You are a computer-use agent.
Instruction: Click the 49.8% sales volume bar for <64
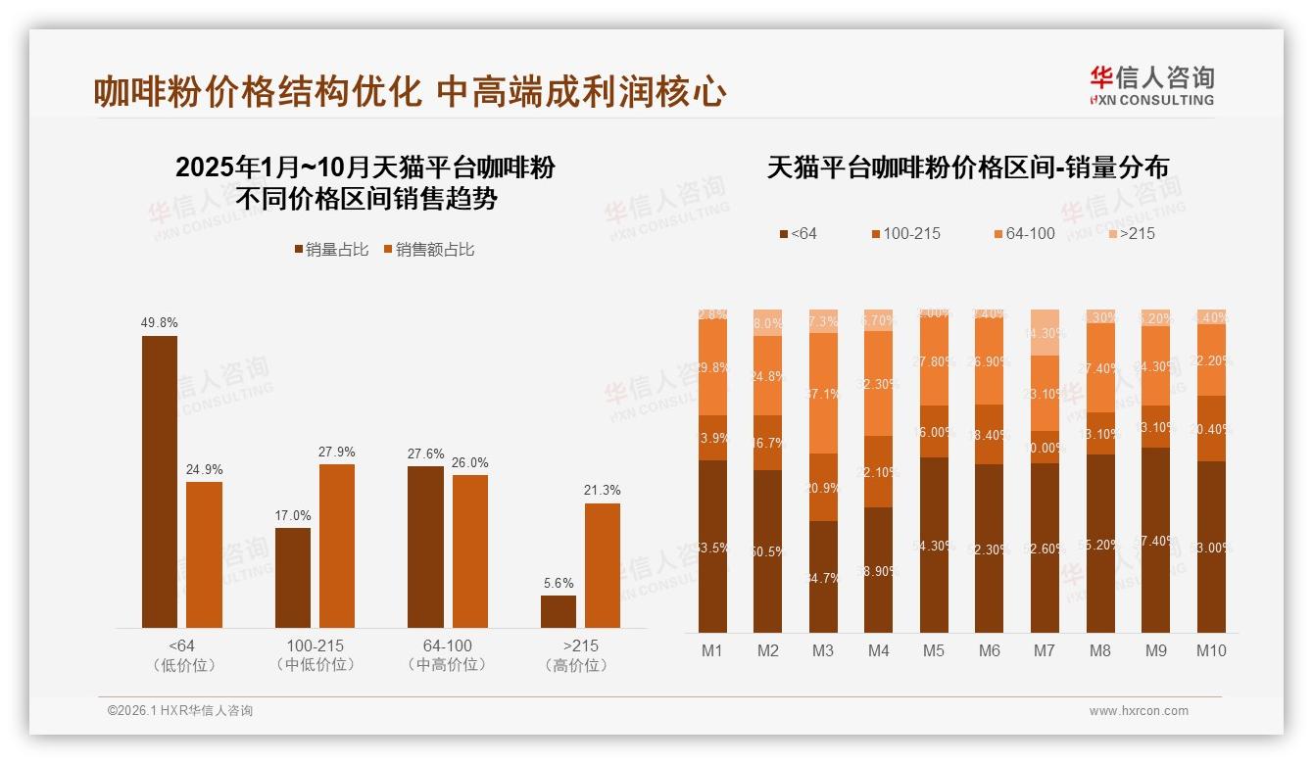pos(160,481)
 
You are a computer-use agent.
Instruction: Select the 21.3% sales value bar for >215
pos(602,565)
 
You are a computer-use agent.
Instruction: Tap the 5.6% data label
pos(559,583)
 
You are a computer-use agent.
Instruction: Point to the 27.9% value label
pos(336,452)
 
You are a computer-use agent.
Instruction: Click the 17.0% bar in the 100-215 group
pos(293,578)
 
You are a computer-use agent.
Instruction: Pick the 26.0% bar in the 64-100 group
pos(470,550)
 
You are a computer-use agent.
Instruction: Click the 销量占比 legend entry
pos(331,250)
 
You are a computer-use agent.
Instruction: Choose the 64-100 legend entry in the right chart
pos(1024,233)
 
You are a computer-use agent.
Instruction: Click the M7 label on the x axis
pos(1045,650)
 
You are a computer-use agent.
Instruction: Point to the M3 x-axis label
pos(823,650)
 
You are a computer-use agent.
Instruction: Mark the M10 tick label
pos(1211,650)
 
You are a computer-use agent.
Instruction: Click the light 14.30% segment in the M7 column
pos(1046,332)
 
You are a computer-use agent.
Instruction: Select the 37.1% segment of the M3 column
pos(824,393)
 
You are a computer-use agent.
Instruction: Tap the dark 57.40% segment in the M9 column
pos(1156,540)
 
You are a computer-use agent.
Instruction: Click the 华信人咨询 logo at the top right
pos(1151,85)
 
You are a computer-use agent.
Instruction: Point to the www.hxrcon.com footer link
pos(1139,711)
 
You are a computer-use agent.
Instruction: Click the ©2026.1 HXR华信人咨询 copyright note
pos(180,711)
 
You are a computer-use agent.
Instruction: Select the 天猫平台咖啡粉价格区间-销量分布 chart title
pos(967,167)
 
